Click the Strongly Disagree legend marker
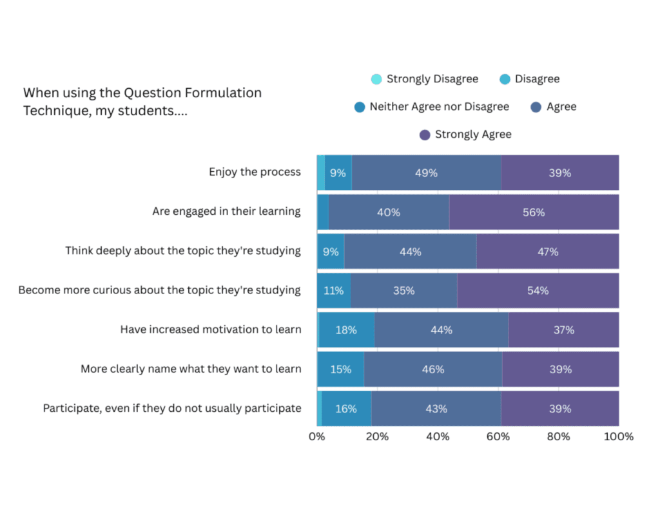click(376, 79)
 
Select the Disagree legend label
click(537, 79)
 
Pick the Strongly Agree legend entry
click(472, 134)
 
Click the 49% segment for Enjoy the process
click(426, 172)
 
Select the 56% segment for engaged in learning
click(534, 212)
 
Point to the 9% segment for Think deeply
click(331, 252)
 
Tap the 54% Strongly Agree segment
click(538, 291)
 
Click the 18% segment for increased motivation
click(346, 330)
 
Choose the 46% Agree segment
click(432, 369)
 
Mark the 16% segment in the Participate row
click(346, 409)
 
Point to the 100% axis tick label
click(619, 436)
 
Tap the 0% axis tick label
click(317, 436)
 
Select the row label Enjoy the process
click(255, 172)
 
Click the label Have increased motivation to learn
click(211, 329)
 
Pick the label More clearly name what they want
click(191, 369)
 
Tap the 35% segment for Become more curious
click(404, 291)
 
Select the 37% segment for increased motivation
click(563, 330)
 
